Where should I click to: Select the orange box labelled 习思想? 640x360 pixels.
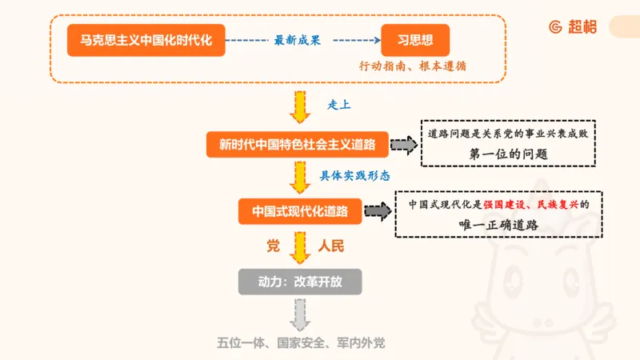(415, 39)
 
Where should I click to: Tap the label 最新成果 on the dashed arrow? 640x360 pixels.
(297, 40)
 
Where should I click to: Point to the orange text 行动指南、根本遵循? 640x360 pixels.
(413, 67)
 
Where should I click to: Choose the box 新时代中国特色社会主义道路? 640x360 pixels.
(298, 145)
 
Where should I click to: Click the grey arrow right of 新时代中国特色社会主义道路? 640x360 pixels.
(405, 145)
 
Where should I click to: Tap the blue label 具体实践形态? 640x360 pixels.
(355, 174)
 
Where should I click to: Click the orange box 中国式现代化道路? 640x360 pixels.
(300, 211)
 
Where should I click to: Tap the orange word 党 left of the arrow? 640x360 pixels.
(274, 246)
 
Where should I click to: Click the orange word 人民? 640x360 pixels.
(330, 246)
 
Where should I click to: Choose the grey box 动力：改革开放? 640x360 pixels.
(300, 282)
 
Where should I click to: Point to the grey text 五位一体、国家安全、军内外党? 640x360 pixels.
(301, 343)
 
